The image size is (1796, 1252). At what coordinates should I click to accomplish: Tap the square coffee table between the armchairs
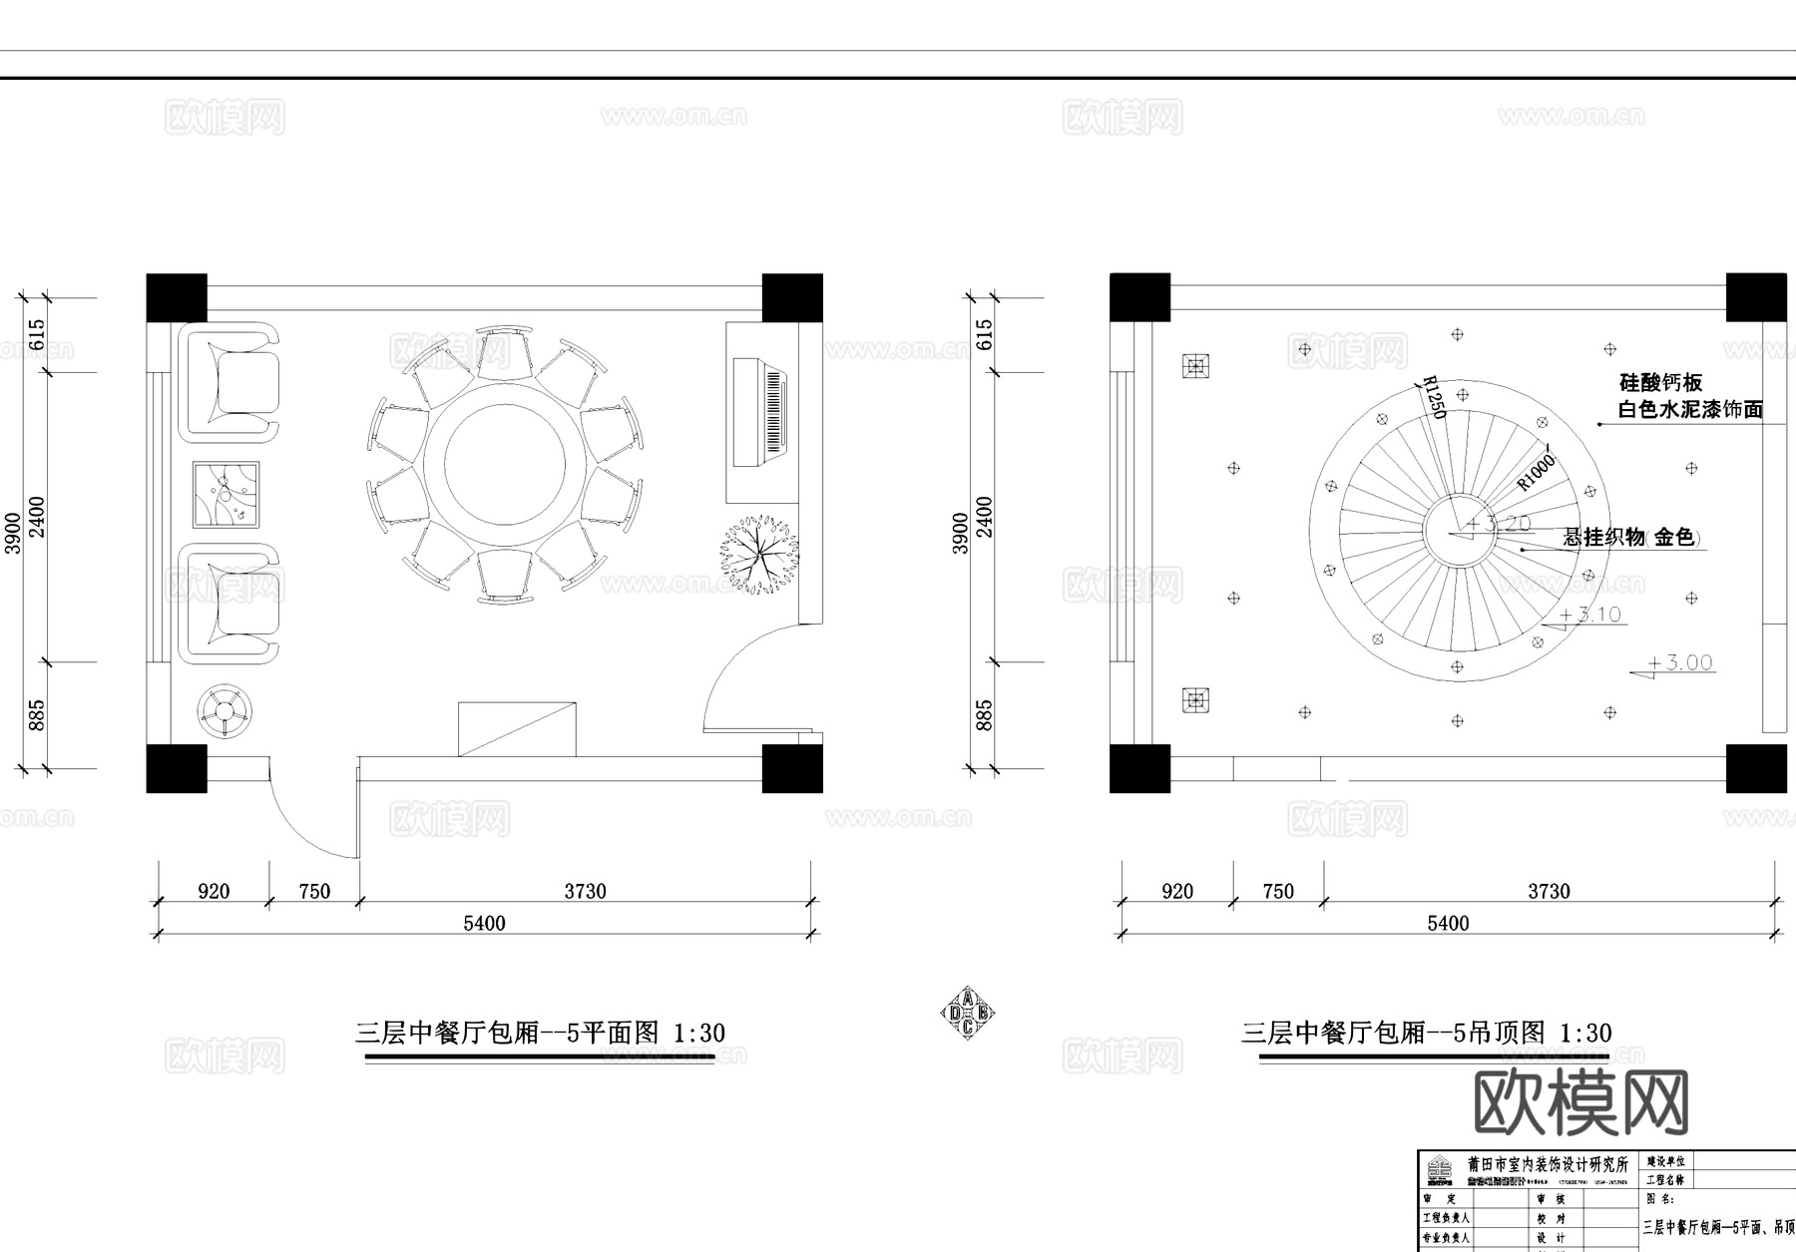(225, 495)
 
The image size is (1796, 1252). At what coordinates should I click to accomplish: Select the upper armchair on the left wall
(229, 381)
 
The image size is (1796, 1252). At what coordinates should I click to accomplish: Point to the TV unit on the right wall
(760, 412)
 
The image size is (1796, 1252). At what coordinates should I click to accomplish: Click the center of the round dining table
(505, 463)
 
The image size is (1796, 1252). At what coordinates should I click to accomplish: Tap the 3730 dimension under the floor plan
(585, 891)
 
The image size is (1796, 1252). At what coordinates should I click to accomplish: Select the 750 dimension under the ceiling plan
(1278, 891)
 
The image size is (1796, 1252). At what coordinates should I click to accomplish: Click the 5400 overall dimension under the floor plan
(484, 924)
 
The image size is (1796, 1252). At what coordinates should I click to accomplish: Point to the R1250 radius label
(1433, 397)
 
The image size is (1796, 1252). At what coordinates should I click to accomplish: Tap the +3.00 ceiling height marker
(1679, 663)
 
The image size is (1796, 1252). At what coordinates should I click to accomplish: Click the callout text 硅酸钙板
(1660, 382)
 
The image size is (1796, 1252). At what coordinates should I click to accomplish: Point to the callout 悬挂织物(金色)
(1630, 537)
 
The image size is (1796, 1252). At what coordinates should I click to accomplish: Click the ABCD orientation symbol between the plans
(967, 1014)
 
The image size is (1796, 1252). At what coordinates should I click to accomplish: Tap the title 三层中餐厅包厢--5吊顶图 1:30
(1426, 1033)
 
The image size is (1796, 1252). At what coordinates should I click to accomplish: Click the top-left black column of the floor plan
(177, 297)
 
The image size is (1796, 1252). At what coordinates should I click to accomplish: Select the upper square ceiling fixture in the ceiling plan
(1195, 366)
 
